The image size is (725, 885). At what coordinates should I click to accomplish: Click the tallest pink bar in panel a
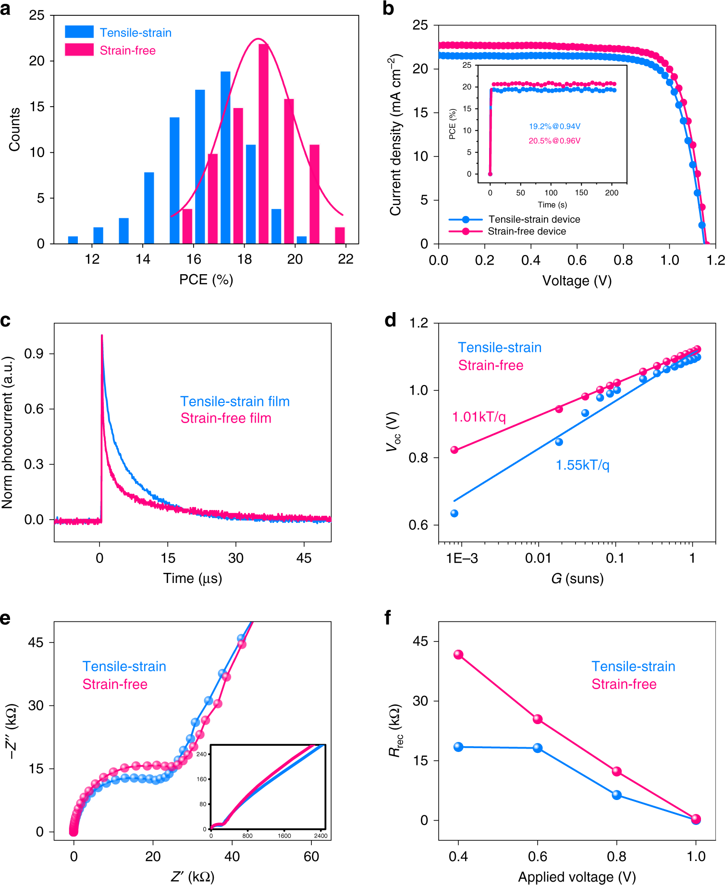263,144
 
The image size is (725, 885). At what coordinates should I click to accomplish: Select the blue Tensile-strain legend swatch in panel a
79,32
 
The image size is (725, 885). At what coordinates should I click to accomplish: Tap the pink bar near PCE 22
340,235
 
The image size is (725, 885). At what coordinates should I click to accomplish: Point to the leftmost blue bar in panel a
73,240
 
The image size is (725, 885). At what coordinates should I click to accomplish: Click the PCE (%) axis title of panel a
206,279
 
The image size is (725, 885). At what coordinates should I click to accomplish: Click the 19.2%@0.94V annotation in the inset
554,126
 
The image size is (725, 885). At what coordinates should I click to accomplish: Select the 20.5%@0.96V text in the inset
554,141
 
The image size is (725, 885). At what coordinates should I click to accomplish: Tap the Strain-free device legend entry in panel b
527,231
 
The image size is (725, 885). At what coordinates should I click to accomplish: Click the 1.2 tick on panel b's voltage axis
715,260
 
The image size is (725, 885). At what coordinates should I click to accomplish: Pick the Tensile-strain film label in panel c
235,401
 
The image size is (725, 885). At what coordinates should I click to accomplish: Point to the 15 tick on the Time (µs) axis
168,558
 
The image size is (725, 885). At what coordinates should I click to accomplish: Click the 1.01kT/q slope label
479,417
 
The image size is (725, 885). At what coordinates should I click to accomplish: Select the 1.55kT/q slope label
582,465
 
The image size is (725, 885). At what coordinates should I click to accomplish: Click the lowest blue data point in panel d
454,513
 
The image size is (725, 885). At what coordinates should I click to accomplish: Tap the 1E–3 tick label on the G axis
462,558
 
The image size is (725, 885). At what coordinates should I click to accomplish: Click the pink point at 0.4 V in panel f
458,655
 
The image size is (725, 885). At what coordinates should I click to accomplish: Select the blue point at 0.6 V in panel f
538,748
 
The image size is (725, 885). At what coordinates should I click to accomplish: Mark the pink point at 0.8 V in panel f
617,771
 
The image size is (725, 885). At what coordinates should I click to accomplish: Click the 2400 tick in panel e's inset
320,836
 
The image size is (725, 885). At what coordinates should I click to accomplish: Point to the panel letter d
391,320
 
